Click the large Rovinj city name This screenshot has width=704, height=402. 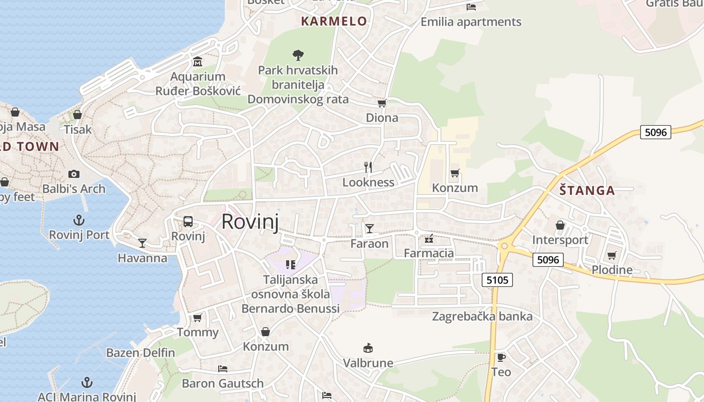tap(250, 221)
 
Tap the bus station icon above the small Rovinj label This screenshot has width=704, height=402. tap(188, 221)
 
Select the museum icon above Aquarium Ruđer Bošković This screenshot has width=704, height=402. tap(198, 62)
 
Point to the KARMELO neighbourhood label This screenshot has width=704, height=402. tap(334, 21)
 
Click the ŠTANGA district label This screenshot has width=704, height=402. tap(587, 190)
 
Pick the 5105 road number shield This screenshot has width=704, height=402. tap(497, 280)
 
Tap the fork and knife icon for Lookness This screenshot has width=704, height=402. tap(368, 167)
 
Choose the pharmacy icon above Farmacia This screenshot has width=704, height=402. tap(429, 238)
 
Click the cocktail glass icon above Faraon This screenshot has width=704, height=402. tap(370, 229)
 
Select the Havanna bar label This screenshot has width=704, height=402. tap(142, 258)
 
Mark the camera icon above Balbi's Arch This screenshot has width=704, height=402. tap(74, 174)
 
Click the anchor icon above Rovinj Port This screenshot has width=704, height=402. tap(79, 220)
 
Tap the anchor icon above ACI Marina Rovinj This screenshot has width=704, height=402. tap(87, 382)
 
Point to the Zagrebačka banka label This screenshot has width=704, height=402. tap(482, 317)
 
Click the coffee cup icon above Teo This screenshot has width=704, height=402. tap(501, 357)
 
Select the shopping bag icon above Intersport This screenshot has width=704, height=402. tap(560, 225)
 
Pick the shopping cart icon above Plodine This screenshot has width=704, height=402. tap(612, 255)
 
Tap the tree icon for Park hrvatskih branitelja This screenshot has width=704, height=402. tap(298, 55)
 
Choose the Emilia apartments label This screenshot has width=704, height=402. tap(471, 22)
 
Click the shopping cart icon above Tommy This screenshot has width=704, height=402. tap(198, 318)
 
